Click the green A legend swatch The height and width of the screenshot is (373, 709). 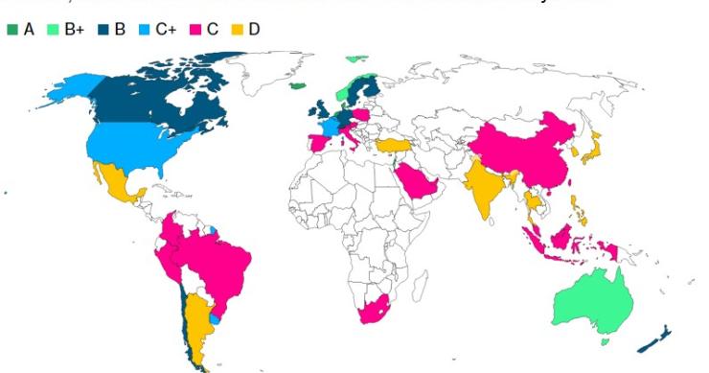pos(12,30)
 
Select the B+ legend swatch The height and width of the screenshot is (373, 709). pos(54,30)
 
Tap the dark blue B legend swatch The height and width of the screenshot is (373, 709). pos(103,30)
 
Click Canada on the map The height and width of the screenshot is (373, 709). pos(153,96)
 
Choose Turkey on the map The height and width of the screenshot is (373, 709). pos(392,145)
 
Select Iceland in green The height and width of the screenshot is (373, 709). pos(299,85)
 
